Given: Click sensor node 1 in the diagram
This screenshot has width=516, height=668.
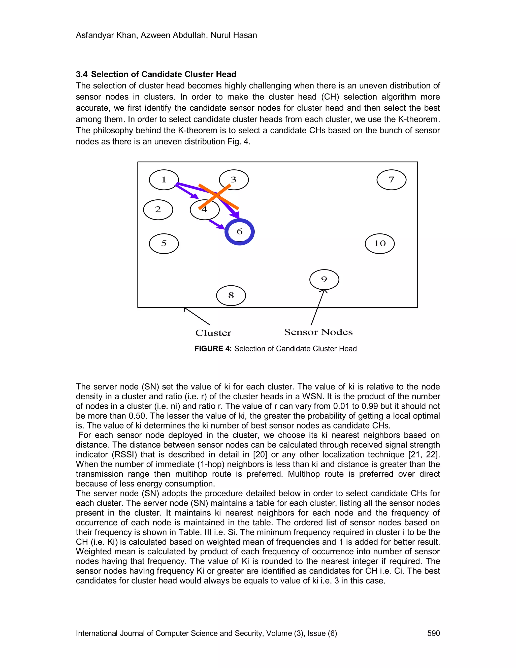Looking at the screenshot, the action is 164,180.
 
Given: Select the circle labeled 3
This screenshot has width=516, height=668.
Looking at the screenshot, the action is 234,179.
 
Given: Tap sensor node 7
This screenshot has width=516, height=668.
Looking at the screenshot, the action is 391,180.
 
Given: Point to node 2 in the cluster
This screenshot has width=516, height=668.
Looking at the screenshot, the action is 158,209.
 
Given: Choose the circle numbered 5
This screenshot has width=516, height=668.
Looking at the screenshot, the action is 164,244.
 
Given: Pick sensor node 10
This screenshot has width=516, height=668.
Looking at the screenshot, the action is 380,244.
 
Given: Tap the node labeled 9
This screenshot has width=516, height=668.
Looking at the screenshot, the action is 324,279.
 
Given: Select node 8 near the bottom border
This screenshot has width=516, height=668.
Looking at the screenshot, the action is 231,295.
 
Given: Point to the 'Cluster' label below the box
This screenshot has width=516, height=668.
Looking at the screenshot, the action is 213,333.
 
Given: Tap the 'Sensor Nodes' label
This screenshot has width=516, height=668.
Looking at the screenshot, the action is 318,332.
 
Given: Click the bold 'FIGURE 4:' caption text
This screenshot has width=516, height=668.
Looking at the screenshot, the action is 213,349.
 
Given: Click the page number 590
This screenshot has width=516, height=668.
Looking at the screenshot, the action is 433,633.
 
